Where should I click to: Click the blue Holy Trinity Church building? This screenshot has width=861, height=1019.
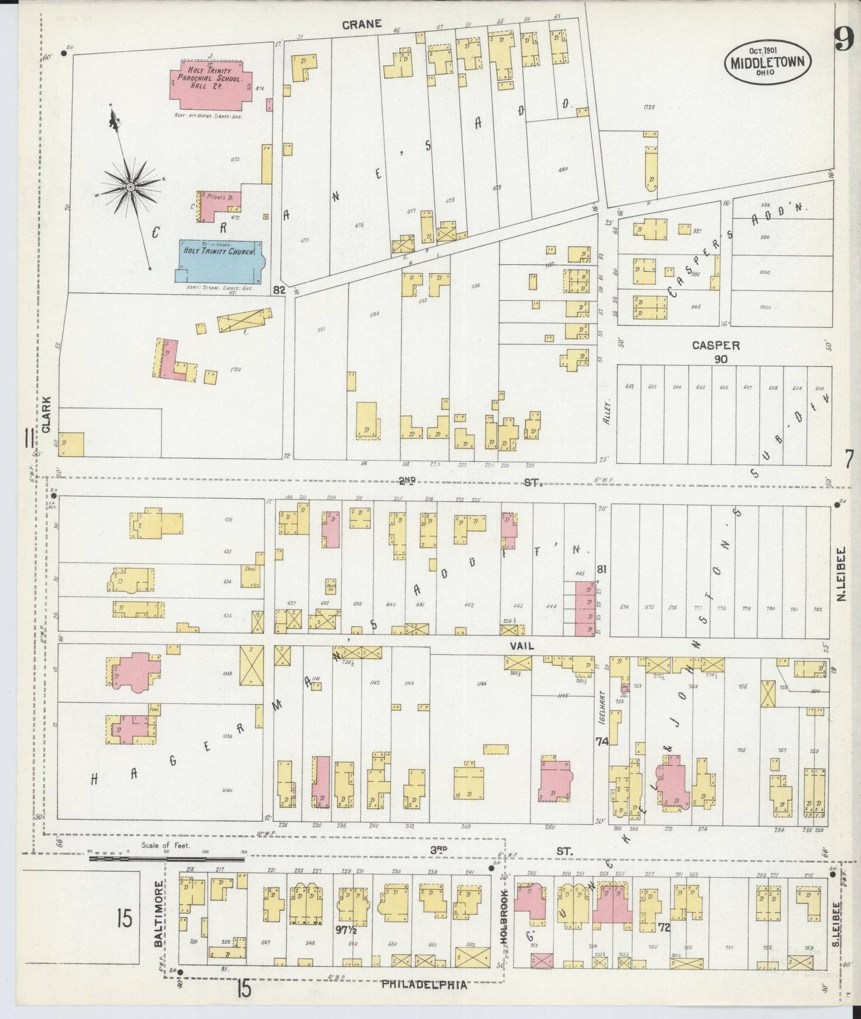(x=218, y=262)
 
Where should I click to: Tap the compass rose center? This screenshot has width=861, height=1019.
(x=129, y=188)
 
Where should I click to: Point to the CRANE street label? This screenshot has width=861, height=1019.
(x=362, y=24)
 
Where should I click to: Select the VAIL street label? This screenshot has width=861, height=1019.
(x=521, y=645)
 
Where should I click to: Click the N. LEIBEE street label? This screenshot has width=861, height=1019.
(x=843, y=574)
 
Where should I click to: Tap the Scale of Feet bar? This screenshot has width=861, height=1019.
(x=167, y=858)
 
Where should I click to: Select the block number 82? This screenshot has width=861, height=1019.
(x=278, y=290)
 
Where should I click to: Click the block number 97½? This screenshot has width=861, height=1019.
(x=346, y=928)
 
